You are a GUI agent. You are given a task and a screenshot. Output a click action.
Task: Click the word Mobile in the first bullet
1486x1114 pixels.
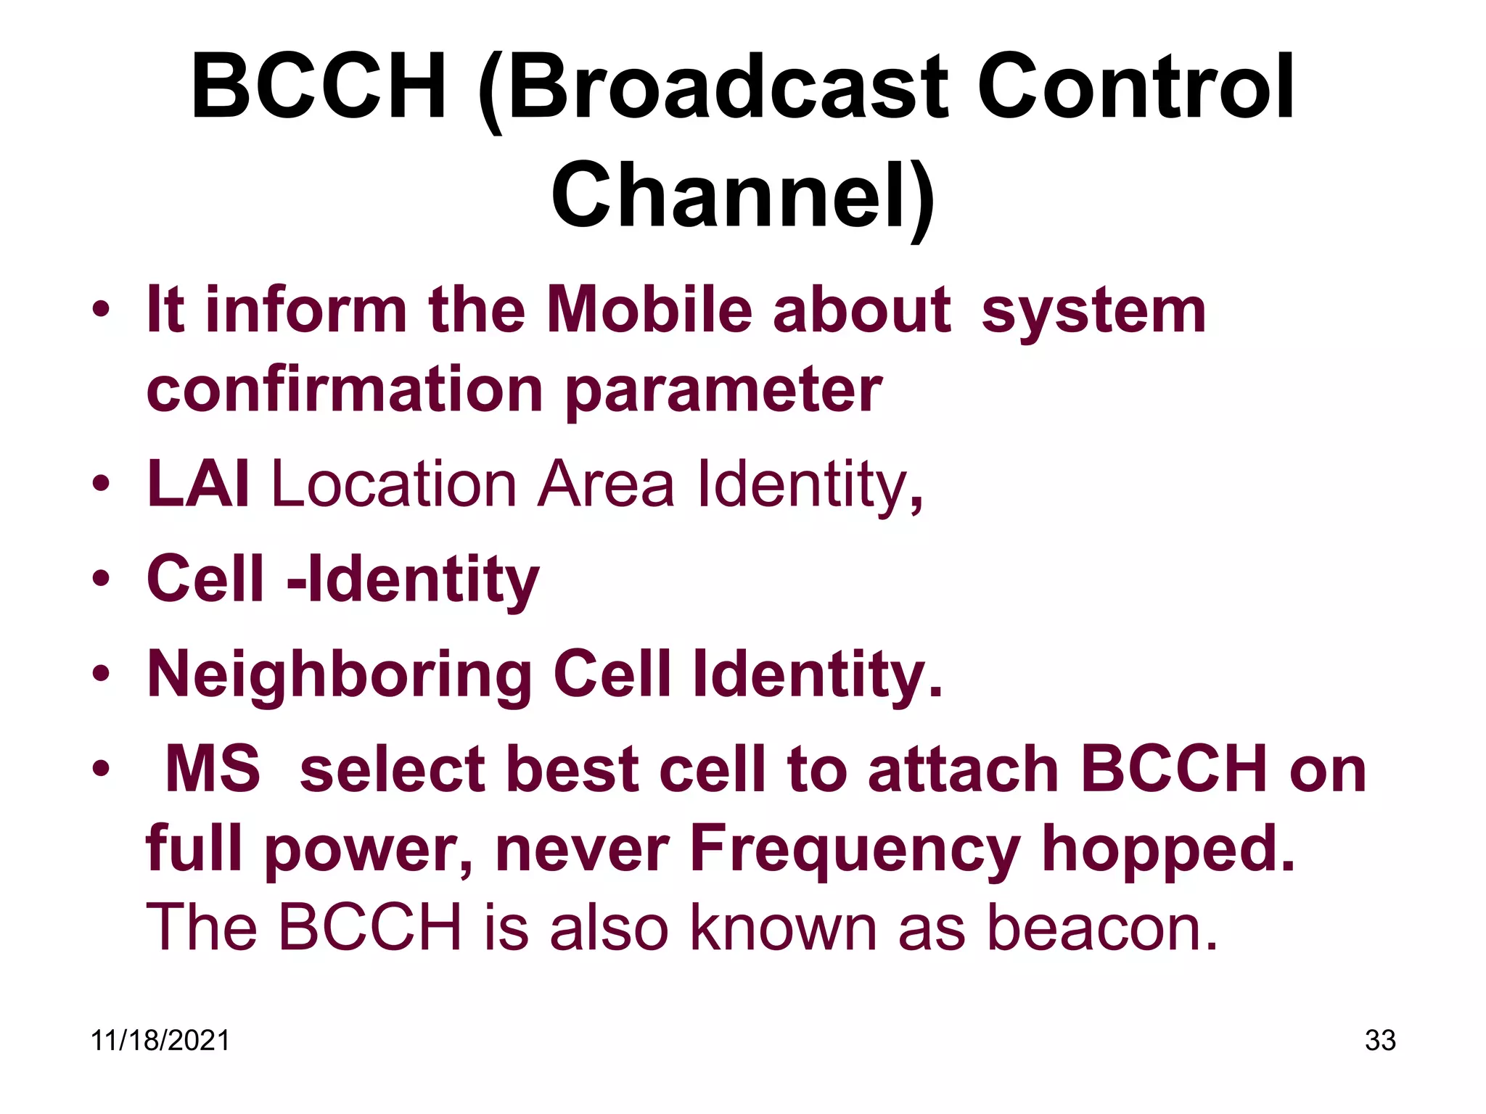(649, 310)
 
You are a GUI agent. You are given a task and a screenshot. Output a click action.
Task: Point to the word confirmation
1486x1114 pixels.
(345, 389)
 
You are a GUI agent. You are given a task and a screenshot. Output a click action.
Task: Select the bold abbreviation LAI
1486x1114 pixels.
(198, 484)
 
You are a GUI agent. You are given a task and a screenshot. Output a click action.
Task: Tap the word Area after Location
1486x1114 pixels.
(606, 484)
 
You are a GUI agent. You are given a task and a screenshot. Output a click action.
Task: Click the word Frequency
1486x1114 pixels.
(855, 850)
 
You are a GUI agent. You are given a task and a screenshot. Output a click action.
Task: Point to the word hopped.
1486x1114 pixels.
(1168, 850)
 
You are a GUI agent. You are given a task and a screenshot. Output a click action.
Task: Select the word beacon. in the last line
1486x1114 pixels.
(1102, 928)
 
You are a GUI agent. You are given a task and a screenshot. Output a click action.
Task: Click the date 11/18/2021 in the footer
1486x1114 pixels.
(160, 1041)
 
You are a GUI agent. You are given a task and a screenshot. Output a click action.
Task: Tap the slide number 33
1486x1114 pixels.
(1379, 1041)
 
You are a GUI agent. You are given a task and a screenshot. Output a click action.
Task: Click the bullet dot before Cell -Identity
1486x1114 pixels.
(101, 579)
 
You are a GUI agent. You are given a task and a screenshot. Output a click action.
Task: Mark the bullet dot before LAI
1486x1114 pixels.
(101, 484)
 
